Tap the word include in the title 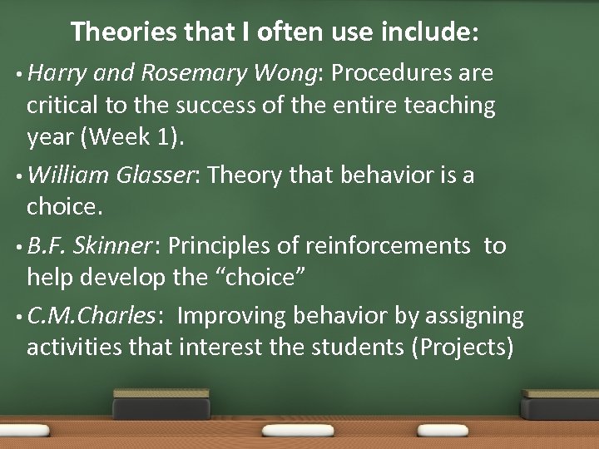tap(428, 32)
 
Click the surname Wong tap(285, 74)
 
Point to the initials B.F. tap(46, 245)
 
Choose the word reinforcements tap(387, 246)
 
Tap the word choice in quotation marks tap(260, 277)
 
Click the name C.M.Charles tap(91, 316)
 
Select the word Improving tap(229, 317)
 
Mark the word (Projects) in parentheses tap(462, 348)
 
